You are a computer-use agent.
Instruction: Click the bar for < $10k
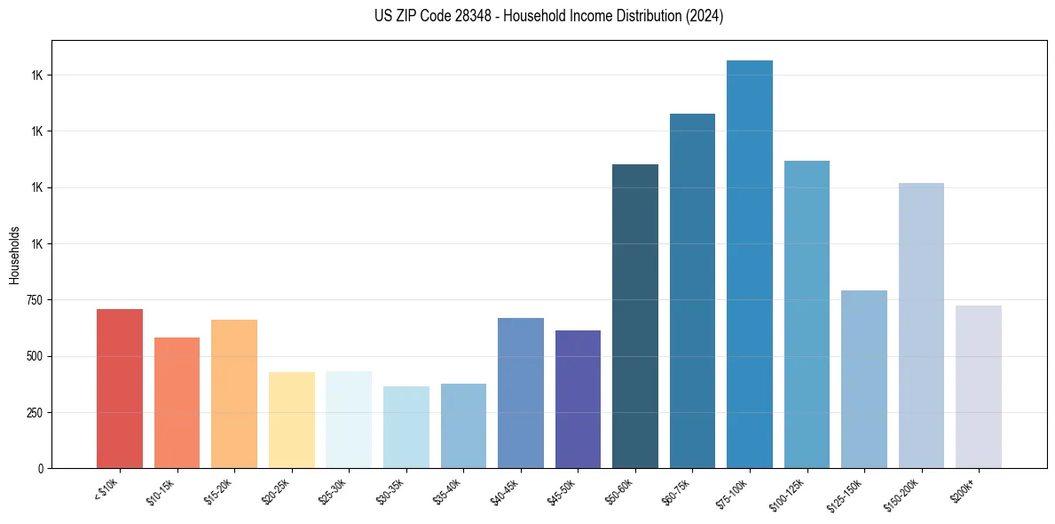(120, 388)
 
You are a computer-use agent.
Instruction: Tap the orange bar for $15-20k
(234, 393)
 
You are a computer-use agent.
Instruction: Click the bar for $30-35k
(406, 426)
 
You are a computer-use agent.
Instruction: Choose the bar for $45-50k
(578, 399)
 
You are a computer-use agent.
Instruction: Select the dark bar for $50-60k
(635, 316)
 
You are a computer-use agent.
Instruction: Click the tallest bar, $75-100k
(750, 264)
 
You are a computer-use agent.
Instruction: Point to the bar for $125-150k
(864, 379)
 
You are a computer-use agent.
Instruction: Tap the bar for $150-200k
(921, 325)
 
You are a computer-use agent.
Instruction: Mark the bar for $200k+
(979, 386)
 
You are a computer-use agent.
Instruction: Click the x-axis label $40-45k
(504, 489)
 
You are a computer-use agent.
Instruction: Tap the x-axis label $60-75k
(676, 489)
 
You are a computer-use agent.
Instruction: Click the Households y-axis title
(14, 254)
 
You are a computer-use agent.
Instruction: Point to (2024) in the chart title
(705, 16)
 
